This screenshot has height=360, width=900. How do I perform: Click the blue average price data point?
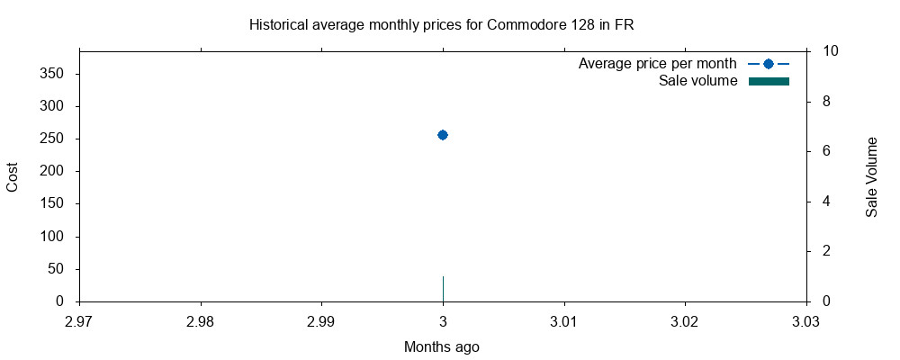point(443,135)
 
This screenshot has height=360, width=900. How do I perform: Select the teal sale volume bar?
point(443,289)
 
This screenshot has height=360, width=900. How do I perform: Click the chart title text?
point(442,24)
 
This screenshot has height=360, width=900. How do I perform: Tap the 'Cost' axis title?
point(13,176)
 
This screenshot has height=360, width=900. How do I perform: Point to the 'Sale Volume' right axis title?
point(871,176)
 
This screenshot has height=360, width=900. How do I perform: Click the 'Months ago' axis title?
point(442,346)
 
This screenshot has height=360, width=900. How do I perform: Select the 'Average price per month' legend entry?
point(657,64)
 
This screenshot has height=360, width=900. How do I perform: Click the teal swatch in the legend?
point(769,81)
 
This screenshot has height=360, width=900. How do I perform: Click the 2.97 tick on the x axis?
point(79,320)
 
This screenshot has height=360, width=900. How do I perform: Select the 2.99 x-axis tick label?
point(321,320)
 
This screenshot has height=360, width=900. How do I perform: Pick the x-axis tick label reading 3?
point(443,320)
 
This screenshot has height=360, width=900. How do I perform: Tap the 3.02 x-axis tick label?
point(685,320)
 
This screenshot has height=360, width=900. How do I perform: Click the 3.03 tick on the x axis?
point(805,320)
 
